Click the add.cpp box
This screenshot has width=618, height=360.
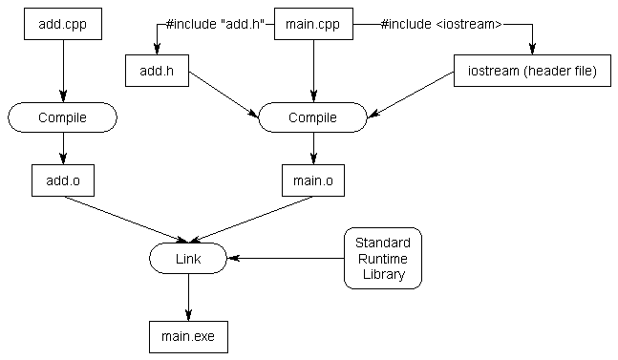[x=63, y=24]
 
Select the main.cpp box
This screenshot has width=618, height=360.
[x=313, y=24]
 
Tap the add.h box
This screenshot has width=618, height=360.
[x=157, y=71]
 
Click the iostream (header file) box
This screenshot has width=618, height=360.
[x=532, y=71]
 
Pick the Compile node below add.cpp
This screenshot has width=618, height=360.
[x=63, y=117]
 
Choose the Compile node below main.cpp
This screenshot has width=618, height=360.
[x=313, y=117]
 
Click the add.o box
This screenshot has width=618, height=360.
[x=63, y=180]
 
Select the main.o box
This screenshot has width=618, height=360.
[x=313, y=180]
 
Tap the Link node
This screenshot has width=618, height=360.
[x=188, y=259]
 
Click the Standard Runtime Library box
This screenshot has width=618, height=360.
[x=383, y=259]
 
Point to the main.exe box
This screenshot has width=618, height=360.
[x=188, y=337]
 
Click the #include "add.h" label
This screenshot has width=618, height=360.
[x=215, y=24]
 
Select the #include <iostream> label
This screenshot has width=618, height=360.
[x=442, y=24]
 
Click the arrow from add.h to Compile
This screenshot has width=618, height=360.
[x=224, y=95]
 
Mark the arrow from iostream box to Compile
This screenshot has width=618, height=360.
[x=411, y=95]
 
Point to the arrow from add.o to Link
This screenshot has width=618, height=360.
[x=126, y=220]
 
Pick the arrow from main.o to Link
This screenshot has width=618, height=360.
[x=251, y=220]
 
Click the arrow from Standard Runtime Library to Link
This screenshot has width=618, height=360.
[x=286, y=259]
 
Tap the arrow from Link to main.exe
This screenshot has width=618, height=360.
[x=188, y=297]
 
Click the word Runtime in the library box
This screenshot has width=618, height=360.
[x=383, y=259]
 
